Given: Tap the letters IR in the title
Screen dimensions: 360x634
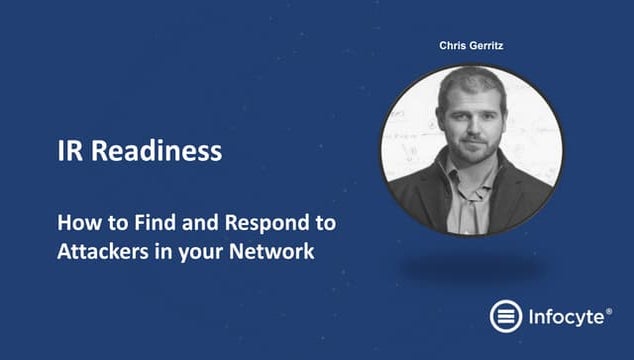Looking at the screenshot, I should [x=70, y=152].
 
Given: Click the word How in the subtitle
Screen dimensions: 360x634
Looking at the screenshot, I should [x=75, y=221].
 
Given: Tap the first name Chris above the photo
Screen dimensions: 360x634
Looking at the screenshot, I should [x=454, y=45].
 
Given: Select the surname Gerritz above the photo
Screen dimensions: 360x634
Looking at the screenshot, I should [x=490, y=45].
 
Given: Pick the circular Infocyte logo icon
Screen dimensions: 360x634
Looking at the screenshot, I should [x=506, y=317].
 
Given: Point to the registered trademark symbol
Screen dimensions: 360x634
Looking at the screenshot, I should [x=609, y=311].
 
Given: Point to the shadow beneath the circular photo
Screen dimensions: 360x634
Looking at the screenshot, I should [x=471, y=267].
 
